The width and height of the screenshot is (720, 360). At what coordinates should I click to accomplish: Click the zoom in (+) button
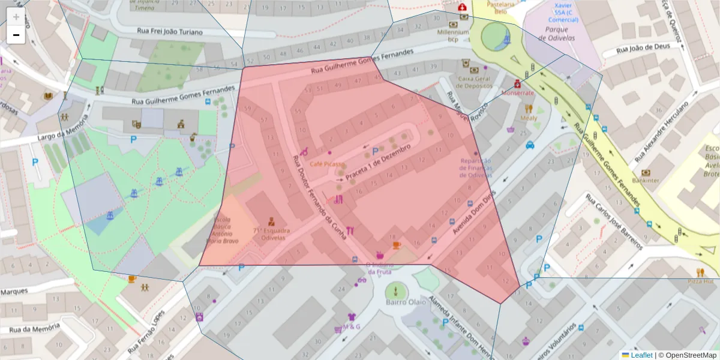16,17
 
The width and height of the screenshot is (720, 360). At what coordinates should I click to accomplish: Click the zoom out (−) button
16,35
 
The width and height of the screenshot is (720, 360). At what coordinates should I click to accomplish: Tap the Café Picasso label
327,164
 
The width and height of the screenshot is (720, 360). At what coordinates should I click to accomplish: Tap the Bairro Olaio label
395,302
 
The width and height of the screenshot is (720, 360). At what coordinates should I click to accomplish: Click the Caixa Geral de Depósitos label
474,82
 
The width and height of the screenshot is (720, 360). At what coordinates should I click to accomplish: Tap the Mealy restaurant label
529,118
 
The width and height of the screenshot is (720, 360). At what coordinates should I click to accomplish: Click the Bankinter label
646,179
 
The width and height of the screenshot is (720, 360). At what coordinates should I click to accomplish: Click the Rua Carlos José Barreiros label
614,221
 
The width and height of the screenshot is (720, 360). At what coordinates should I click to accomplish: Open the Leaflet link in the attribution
641,355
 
